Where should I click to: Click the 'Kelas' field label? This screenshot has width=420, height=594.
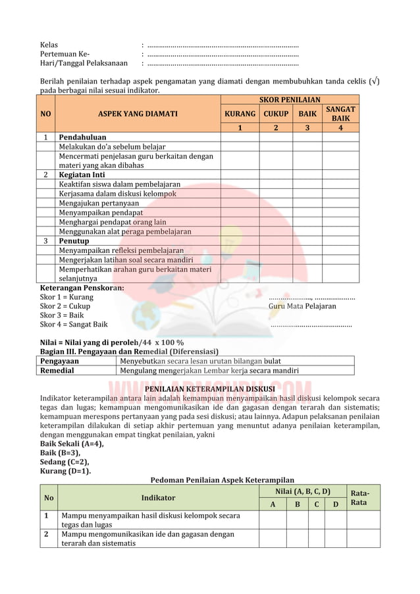click(x=49, y=45)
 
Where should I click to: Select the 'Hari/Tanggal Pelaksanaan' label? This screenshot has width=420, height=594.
click(x=84, y=63)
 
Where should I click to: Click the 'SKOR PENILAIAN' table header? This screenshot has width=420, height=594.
click(x=290, y=100)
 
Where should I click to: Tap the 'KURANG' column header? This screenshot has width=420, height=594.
click(x=240, y=114)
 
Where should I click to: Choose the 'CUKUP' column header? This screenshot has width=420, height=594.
click(x=276, y=114)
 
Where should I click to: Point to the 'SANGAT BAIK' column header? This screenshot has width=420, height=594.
click(x=340, y=114)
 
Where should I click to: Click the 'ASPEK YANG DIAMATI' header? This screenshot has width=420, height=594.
click(x=138, y=114)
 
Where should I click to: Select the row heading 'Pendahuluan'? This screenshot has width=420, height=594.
click(x=82, y=138)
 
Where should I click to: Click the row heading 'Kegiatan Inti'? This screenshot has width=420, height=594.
click(x=82, y=175)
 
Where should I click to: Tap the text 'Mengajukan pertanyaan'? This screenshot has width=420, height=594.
click(x=99, y=203)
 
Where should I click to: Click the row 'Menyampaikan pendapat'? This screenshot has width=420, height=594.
click(x=101, y=213)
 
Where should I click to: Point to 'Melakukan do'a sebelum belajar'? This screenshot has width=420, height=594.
click(x=112, y=147)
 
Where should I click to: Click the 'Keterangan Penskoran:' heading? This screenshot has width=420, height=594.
click(x=82, y=288)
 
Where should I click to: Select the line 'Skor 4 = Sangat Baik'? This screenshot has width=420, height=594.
click(x=74, y=324)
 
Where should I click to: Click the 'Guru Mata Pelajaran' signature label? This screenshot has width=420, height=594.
click(x=302, y=306)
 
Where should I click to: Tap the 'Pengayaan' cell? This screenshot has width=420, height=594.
click(x=59, y=361)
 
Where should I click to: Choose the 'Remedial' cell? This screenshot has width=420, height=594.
click(x=57, y=370)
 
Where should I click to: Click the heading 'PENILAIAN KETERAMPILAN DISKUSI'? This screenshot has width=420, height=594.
click(x=210, y=389)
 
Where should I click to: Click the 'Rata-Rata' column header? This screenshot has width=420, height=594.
click(x=359, y=497)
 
